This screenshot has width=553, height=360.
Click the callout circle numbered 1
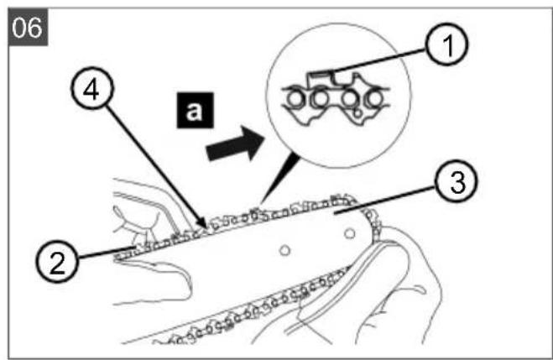click(x=446, y=44)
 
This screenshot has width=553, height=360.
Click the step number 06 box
click(x=28, y=27)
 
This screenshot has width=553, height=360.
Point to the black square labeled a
click(x=195, y=111)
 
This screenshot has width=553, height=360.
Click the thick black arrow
click(x=235, y=143)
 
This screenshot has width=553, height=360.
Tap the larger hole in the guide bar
click(x=349, y=233)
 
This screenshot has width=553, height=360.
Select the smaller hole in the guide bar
click(x=284, y=250)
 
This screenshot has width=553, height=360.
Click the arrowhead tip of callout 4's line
click(x=206, y=228)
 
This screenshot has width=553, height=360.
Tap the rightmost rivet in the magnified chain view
click(x=374, y=99)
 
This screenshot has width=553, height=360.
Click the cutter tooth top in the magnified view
click(x=320, y=75)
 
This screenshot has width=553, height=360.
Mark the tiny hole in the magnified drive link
click(x=357, y=114)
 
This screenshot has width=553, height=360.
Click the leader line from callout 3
click(x=385, y=200)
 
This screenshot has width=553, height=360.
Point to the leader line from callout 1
click(x=380, y=60)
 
